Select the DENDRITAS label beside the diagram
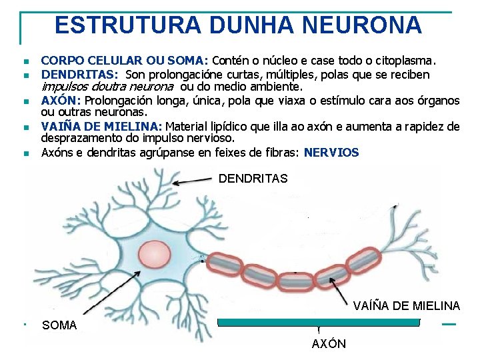coord(253,179)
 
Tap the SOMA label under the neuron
coord(59,325)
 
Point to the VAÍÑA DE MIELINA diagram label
coord(406,306)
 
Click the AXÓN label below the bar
coord(329,344)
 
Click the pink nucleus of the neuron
coord(154,257)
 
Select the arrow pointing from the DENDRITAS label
coord(193,181)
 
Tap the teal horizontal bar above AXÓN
coord(319,322)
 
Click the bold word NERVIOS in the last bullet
coord(331,153)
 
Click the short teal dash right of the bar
coord(449,324)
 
